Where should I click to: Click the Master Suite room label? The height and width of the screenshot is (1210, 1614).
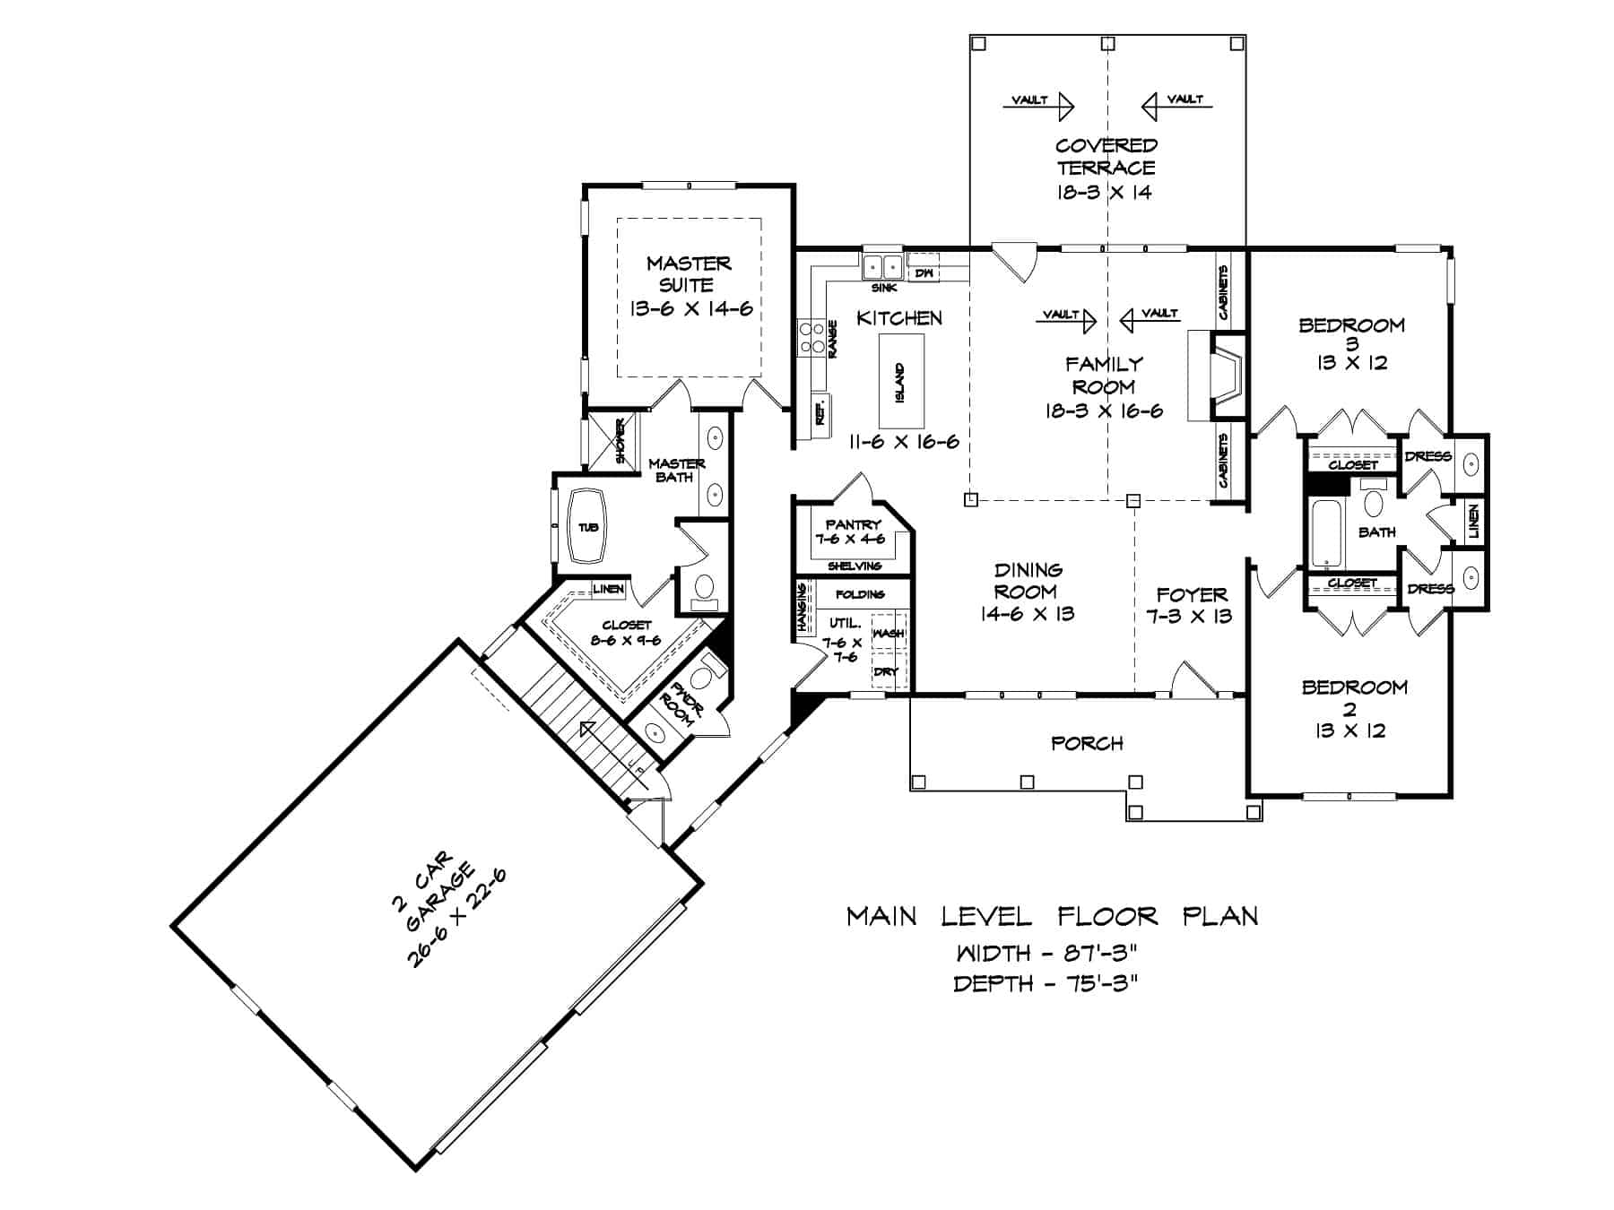click(689, 273)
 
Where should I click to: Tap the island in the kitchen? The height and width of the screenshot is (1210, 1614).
click(900, 381)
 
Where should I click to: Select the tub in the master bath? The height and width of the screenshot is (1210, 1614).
click(587, 527)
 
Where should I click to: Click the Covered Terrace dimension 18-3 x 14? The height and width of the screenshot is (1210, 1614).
click(1104, 192)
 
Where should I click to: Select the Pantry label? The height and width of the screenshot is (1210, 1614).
click(854, 523)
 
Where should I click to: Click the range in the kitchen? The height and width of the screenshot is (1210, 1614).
click(812, 339)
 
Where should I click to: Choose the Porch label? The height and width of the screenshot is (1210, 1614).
click(1087, 743)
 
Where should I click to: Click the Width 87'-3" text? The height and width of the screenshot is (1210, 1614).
click(1046, 952)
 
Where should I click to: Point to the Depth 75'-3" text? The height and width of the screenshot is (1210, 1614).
click(1046, 984)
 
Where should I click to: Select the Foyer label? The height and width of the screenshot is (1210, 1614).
click(1191, 594)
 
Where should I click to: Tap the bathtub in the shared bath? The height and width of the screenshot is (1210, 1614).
click(1324, 535)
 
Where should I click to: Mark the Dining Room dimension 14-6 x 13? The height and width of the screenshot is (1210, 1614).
click(1028, 614)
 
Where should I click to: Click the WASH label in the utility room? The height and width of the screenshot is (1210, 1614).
click(888, 633)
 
